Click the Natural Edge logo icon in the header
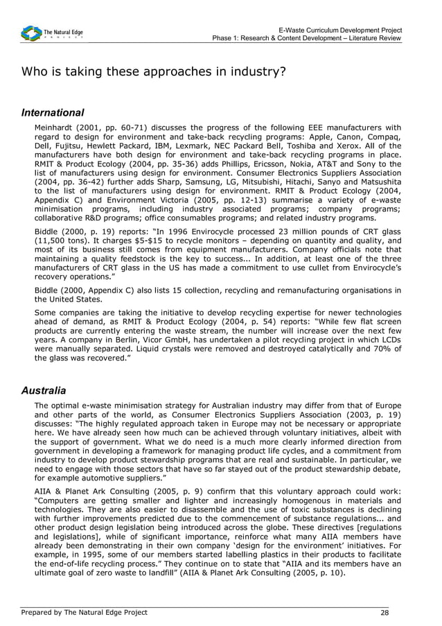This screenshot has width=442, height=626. (31, 33)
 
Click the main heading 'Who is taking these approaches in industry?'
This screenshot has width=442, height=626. (153, 72)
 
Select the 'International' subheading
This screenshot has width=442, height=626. (53, 112)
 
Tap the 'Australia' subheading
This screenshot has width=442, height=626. (44, 390)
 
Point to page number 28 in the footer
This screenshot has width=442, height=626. (384, 612)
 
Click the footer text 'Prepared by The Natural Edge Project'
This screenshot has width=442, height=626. (84, 612)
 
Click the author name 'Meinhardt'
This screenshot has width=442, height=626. (58, 128)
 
